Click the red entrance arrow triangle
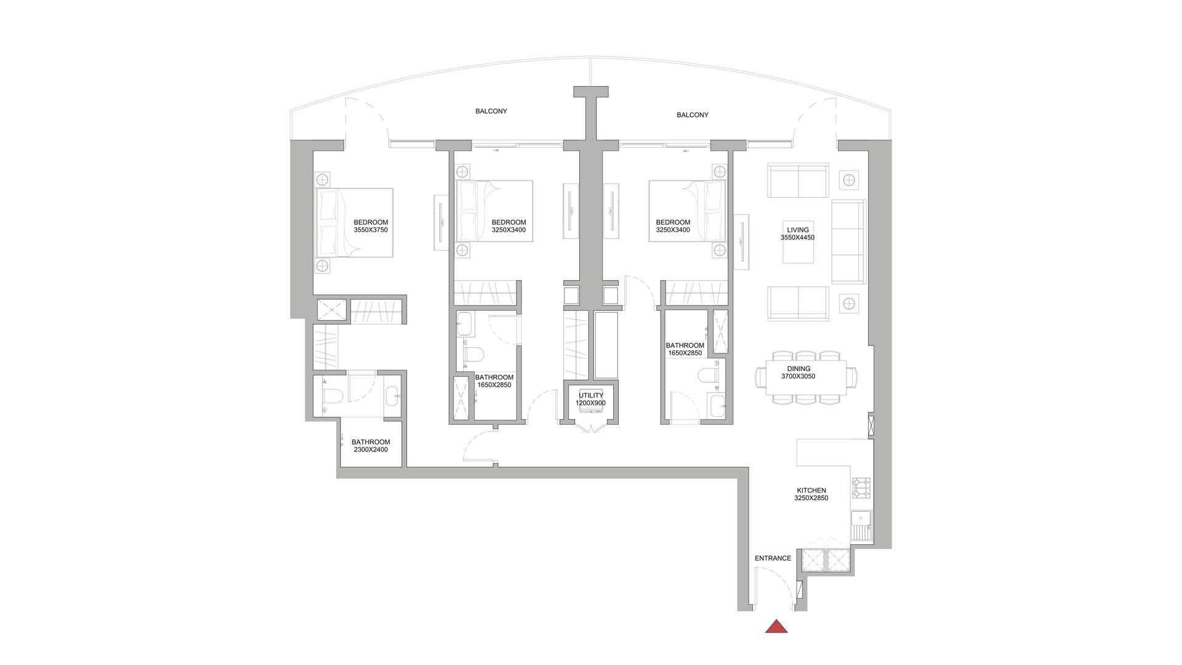click(776, 627)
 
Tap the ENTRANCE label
click(773, 558)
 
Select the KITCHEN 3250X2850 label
click(811, 494)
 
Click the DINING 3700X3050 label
click(798, 373)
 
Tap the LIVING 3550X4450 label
click(798, 233)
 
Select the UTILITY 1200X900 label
click(590, 399)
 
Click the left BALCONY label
click(491, 111)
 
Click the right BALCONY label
click(693, 115)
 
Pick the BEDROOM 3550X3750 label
click(371, 226)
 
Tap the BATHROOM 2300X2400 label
click(371, 446)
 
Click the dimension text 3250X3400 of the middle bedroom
click(509, 230)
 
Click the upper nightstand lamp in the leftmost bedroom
click(323, 179)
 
